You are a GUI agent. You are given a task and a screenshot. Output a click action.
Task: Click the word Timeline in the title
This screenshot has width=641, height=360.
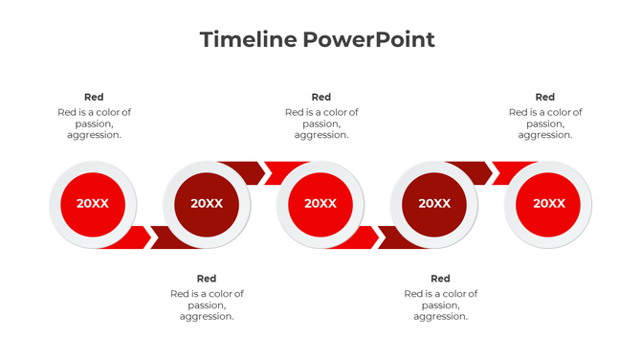tap(248, 39)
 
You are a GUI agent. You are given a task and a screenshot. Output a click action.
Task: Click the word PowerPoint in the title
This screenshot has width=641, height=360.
tap(369, 39)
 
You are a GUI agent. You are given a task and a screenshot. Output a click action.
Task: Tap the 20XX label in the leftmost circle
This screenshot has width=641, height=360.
tap(93, 203)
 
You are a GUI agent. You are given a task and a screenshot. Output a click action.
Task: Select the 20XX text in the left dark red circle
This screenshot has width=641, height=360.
tap(207, 203)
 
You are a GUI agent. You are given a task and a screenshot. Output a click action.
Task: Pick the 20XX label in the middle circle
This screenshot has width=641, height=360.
tap(320, 203)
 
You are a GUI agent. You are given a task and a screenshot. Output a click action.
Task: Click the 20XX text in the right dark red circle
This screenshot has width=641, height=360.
tap(434, 203)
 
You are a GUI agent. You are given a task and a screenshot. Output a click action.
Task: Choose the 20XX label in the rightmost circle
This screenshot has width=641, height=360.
tap(548, 203)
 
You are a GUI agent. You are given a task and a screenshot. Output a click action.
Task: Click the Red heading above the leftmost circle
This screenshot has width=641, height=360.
tap(94, 97)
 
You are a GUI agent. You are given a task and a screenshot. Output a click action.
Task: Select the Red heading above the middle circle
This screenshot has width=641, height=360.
tap(321, 97)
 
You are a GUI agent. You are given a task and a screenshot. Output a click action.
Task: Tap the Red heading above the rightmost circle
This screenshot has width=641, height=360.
tap(544, 97)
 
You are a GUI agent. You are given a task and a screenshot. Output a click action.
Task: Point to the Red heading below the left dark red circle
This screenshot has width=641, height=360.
tap(207, 279)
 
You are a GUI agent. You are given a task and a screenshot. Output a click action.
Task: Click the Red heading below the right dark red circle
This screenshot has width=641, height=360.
tap(440, 279)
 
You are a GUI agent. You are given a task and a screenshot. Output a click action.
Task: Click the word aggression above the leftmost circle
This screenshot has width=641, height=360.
tap(93, 135)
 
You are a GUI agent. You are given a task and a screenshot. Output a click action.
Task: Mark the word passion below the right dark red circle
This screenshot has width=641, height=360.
tap(440, 305)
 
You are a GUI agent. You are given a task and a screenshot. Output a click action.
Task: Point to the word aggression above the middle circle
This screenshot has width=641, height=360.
tap(320, 135)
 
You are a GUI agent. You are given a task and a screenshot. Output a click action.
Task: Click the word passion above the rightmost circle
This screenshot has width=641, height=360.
tap(544, 124)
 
